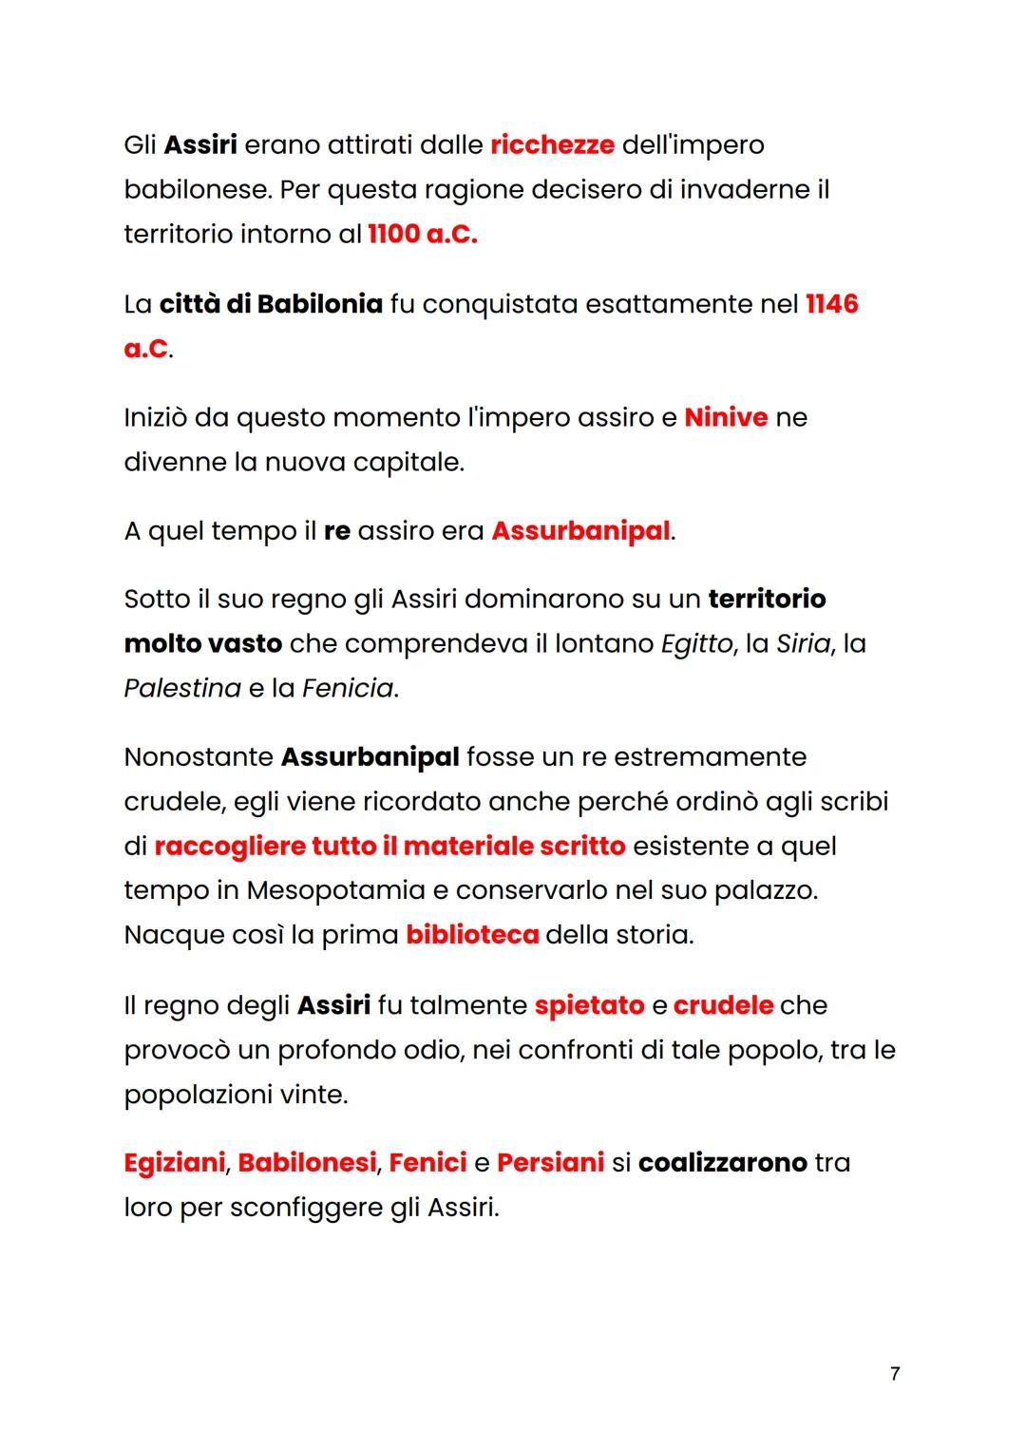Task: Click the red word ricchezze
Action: tap(552, 145)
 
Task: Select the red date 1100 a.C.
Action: tap(422, 235)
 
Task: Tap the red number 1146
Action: tap(831, 304)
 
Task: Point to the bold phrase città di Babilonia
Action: tap(271, 304)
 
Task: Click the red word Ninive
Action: tap(726, 418)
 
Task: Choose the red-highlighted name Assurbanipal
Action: tap(580, 531)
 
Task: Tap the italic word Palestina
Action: tap(182, 688)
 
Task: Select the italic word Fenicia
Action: tap(347, 688)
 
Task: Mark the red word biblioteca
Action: tap(472, 935)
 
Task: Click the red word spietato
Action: tap(589, 1005)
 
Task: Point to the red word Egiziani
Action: tap(175, 1163)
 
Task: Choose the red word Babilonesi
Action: tap(307, 1163)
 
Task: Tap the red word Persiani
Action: tap(550, 1163)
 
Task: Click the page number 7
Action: tap(895, 1374)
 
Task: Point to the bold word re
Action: tap(337, 531)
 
